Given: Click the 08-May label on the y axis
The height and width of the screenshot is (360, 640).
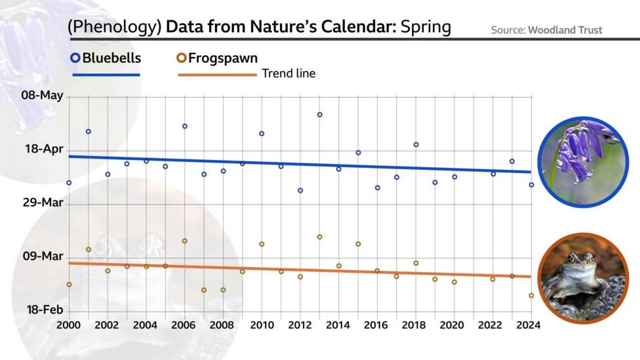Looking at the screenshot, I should (x=43, y=96).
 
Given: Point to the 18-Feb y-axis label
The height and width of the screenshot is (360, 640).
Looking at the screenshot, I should (x=45, y=310).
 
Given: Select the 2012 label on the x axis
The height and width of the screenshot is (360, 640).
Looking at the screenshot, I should (x=300, y=325).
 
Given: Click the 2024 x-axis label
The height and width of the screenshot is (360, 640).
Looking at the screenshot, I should (x=528, y=325).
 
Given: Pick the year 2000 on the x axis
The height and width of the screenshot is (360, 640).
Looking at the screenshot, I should (x=69, y=325).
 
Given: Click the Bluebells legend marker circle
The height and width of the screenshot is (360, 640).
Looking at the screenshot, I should (x=75, y=58).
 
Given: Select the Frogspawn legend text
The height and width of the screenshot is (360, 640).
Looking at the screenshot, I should (x=222, y=58).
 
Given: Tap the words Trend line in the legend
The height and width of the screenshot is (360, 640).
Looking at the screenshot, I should (x=289, y=73).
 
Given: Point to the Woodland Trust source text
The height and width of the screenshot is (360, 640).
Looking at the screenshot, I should (x=565, y=30).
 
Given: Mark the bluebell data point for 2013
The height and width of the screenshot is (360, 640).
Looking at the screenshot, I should (x=319, y=115).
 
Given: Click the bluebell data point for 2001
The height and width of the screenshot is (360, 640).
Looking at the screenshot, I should (x=88, y=132).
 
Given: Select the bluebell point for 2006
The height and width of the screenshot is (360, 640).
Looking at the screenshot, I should (x=185, y=126).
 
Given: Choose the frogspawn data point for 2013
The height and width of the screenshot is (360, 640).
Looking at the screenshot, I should (x=319, y=237).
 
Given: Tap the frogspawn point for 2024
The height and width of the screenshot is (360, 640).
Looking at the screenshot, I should (x=531, y=296).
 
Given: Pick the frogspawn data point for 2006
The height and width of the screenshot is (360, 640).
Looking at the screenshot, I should (x=185, y=241).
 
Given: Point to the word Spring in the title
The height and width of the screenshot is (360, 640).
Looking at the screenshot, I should (x=426, y=27).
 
